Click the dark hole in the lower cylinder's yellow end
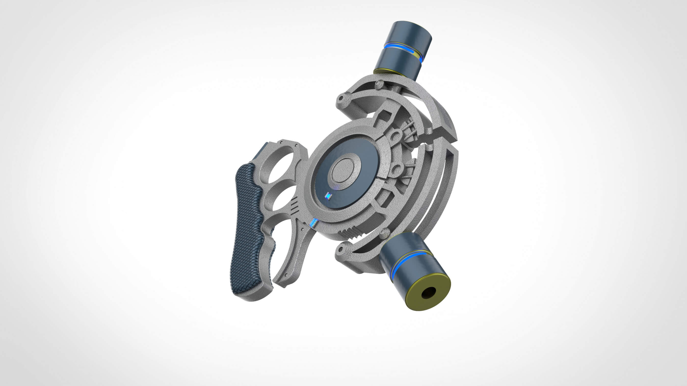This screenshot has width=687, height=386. [428, 293]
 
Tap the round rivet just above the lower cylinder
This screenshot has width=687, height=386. [384, 233]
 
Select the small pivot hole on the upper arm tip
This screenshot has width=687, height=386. [341, 98]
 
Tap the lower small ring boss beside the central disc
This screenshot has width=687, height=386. [396, 170]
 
